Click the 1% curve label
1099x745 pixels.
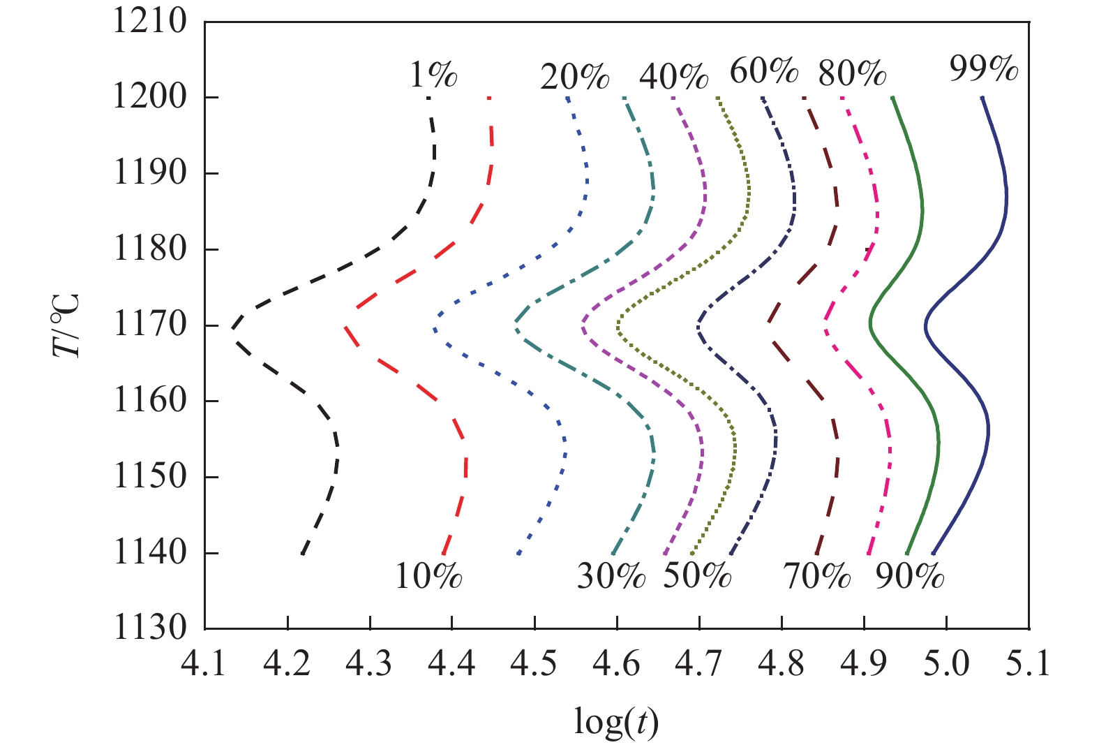click(433, 74)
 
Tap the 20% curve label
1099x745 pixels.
click(574, 76)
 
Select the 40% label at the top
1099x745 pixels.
click(673, 76)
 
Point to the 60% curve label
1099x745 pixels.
click(763, 71)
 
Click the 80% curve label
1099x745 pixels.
click(852, 73)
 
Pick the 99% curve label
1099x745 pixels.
click(984, 69)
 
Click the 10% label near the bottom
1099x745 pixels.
click(428, 577)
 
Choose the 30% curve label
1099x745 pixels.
click(611, 577)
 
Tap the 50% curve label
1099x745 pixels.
click(697, 577)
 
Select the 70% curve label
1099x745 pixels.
click(817, 577)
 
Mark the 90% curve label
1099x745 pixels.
click(910, 577)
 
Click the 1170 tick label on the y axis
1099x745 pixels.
click(150, 325)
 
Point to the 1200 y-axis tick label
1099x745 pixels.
click(150, 97)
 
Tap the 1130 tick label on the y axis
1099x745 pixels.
click(150, 628)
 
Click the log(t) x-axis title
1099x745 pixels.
click(616, 723)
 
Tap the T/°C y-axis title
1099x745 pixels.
click(66, 325)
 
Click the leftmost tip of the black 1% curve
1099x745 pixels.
click(233, 326)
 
